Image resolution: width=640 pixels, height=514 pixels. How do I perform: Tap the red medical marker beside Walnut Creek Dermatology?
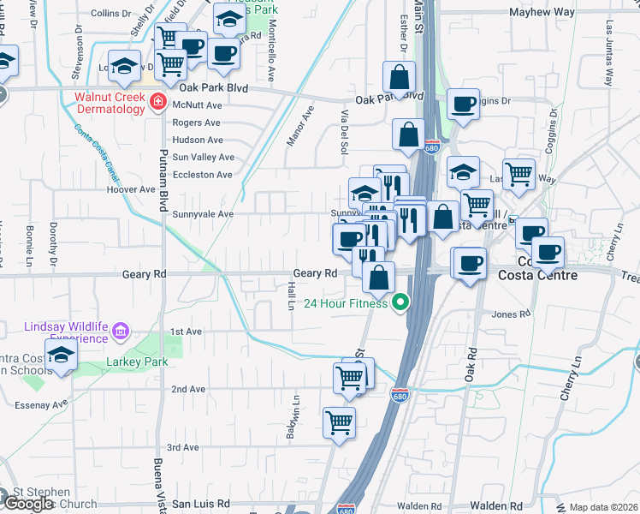(158, 104)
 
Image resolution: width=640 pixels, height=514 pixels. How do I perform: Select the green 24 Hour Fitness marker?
(400, 302)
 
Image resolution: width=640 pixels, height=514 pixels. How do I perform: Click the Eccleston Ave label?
(202, 175)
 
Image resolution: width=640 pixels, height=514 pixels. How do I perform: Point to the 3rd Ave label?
(183, 447)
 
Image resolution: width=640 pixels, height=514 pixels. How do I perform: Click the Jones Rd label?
(512, 314)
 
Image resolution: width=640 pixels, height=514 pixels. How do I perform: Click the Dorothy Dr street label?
(53, 242)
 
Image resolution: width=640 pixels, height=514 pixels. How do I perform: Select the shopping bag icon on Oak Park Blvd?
(400, 78)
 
